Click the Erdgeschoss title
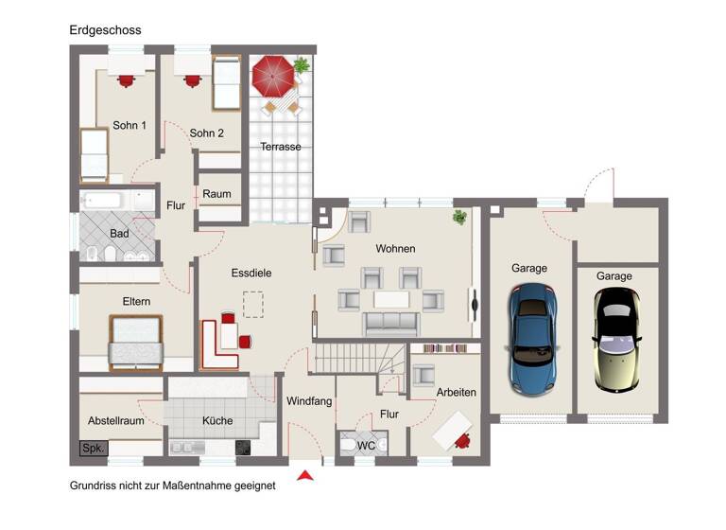tap(105, 30)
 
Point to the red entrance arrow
tap(304, 475)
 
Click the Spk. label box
tap(93, 448)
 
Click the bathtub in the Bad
tap(101, 201)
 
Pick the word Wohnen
tap(395, 249)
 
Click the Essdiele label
tap(251, 273)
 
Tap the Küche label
tap(216, 421)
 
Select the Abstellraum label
tap(116, 421)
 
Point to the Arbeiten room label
tap(457, 392)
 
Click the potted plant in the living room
tap(460, 217)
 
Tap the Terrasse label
tap(281, 147)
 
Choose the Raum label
tap(216, 194)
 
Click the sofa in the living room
tap(390, 324)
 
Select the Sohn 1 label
tap(130, 125)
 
